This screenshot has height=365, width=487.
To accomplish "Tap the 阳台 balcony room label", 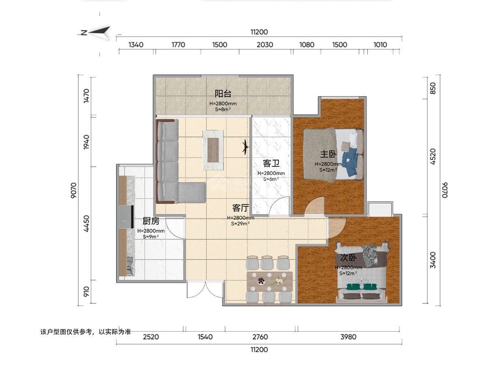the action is coord(223,94).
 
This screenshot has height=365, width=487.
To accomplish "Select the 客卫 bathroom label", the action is coord(271,163).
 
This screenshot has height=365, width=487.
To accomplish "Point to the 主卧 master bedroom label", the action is coord(328,154).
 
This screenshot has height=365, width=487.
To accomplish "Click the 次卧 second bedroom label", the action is coord(348,258).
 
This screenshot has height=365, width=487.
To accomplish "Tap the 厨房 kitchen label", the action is coord(151,221).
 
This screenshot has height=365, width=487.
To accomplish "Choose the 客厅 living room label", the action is coord(241,208).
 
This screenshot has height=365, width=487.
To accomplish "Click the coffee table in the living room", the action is coord(213,150).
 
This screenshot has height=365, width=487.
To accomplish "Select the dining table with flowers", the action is coord(269,281).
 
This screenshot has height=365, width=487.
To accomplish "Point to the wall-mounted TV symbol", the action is coord(246,147).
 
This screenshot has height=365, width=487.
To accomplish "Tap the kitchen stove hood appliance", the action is coord(126,217).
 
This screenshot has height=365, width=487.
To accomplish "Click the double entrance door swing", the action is coord(205,290).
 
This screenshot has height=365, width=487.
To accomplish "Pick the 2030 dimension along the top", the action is coord(265,45).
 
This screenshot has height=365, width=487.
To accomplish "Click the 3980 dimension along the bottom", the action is coord(348,337).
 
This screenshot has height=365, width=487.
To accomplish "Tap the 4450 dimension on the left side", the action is coord(86,224).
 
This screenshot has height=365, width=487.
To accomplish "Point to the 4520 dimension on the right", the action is coord(433,157).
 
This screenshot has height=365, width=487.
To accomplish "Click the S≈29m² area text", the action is coord(240,223).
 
